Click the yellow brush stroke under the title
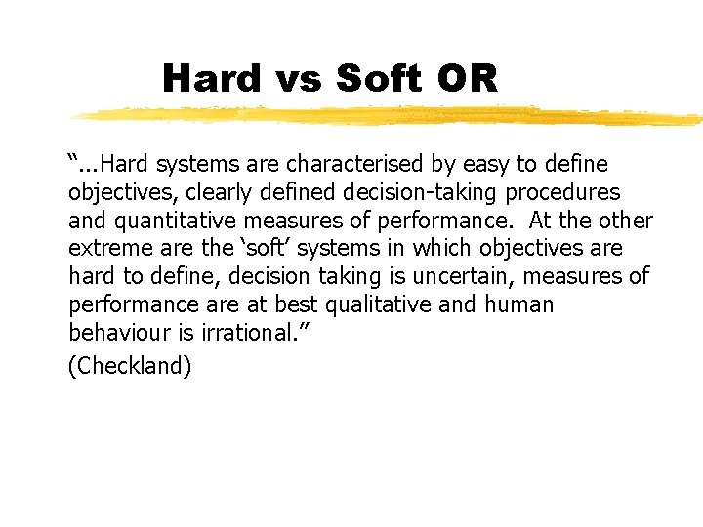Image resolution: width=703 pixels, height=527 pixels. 391,116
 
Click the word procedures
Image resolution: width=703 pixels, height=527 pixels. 563,192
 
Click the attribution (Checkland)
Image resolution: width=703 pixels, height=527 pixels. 130,368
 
